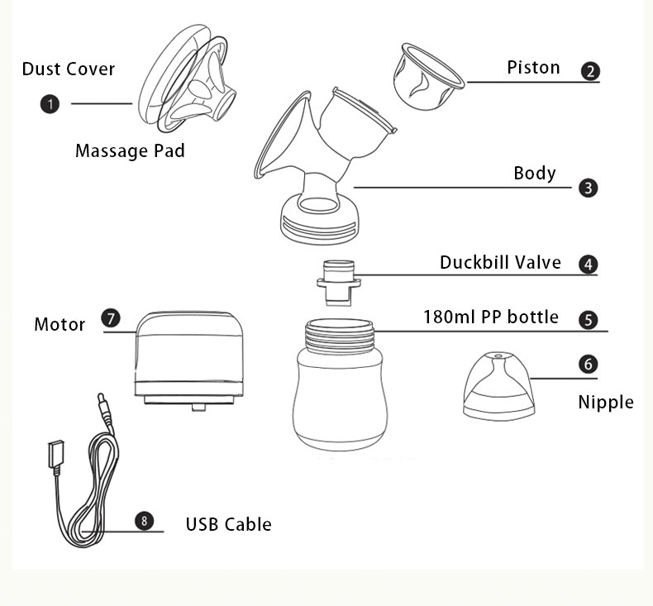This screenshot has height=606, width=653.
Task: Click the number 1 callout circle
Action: click(x=50, y=103)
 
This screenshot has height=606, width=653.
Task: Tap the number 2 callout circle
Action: click(x=590, y=71)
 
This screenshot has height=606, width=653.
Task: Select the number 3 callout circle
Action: click(x=588, y=188)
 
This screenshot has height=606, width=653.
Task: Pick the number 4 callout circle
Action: click(x=588, y=265)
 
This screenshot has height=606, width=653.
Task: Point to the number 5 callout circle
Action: click(x=588, y=320)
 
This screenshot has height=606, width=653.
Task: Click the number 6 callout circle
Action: click(x=588, y=364)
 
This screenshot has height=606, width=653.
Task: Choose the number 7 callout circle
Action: click(x=110, y=318)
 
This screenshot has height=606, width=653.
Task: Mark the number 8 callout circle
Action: click(x=145, y=521)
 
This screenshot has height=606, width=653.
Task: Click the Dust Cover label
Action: click(x=69, y=69)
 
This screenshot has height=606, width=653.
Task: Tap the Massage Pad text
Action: click(x=130, y=150)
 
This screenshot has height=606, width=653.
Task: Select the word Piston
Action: click(x=533, y=68)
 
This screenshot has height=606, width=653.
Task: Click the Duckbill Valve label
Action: click(x=500, y=263)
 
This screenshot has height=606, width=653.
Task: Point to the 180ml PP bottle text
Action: click(x=491, y=317)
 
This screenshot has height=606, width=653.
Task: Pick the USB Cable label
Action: click(x=228, y=524)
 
